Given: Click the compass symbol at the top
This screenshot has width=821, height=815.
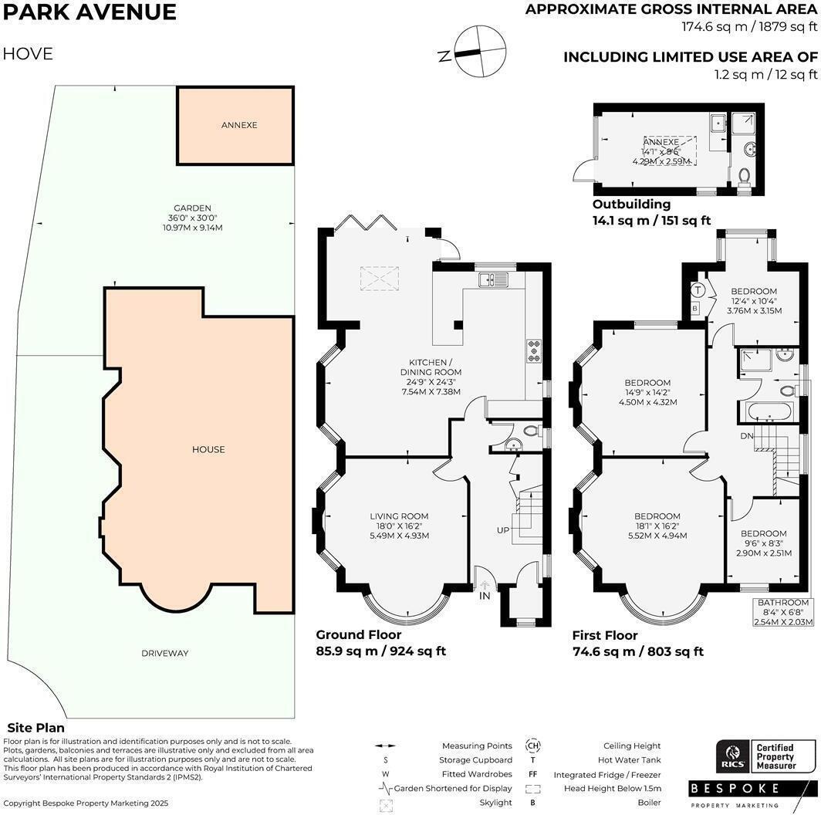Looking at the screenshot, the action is [x=480, y=51].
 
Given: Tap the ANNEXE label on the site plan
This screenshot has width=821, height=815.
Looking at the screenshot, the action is [x=239, y=125].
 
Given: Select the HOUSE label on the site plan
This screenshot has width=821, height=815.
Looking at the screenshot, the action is [x=208, y=449].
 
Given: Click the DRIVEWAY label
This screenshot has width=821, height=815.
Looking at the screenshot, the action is [x=165, y=653].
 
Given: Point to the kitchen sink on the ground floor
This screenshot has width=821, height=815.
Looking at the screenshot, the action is [x=493, y=279].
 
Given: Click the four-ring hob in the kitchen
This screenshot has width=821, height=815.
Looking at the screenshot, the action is [x=534, y=351].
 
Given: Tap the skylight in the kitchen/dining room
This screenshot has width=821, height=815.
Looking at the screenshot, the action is [x=379, y=278].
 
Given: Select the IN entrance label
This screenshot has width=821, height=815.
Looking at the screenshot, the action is [x=485, y=596].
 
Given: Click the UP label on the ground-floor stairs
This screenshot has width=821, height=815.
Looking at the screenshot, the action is [x=503, y=530].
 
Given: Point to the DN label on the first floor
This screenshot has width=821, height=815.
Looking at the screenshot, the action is [x=747, y=436].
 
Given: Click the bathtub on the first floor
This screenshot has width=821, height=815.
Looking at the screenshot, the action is [x=770, y=411].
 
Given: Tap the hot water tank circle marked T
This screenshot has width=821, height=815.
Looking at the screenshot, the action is [x=697, y=289].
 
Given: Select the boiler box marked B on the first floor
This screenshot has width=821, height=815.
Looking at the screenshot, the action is [x=694, y=309].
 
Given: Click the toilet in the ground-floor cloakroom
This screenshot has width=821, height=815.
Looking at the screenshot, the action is [x=532, y=431].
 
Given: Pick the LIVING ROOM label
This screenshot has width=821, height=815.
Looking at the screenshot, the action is [x=399, y=516].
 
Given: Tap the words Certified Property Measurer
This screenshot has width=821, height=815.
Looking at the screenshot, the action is [x=776, y=757].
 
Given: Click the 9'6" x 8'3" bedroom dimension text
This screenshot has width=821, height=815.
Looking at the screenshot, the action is [x=764, y=543].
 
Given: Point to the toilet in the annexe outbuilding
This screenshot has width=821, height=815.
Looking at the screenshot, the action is [x=744, y=177].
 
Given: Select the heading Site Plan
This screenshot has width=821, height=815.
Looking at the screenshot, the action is [x=36, y=728].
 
